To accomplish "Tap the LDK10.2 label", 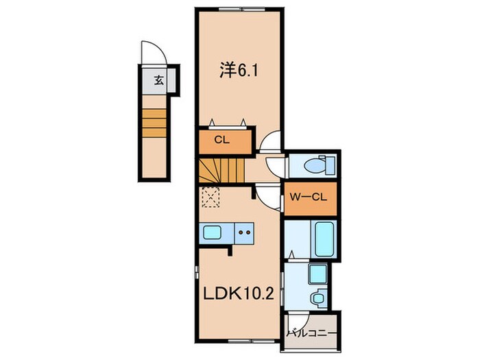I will pos(239,294).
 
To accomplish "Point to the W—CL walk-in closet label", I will pos(311,198).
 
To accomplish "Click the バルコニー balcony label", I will pos(312,335).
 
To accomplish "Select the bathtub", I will pos(323,239).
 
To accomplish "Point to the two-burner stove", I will pos(243,232).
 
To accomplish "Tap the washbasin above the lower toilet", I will pos(316,275).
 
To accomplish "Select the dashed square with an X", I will pos(210,198).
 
